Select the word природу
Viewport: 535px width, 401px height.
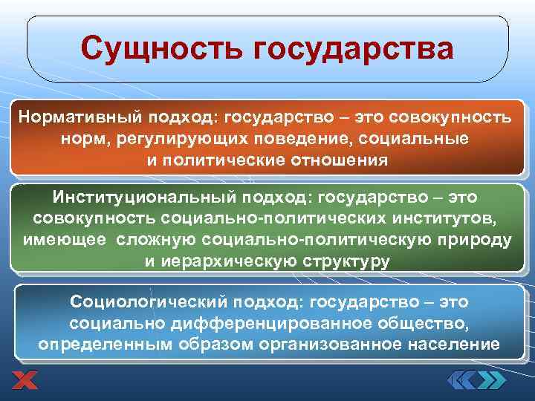point(476,241)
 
